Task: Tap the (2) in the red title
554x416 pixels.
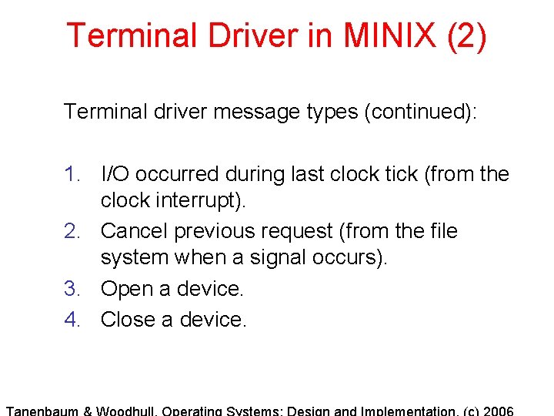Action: click(x=466, y=35)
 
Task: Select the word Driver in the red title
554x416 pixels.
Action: click(x=236, y=35)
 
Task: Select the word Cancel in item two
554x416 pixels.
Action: click(x=135, y=231)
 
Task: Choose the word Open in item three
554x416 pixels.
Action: click(x=127, y=288)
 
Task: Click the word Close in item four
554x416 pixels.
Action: click(x=129, y=318)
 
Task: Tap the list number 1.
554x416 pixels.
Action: click(x=72, y=174)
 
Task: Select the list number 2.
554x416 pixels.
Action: click(x=72, y=231)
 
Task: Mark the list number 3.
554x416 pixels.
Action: click(x=72, y=288)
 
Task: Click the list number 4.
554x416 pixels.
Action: click(x=72, y=318)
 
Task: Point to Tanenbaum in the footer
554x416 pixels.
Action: click(x=42, y=411)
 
